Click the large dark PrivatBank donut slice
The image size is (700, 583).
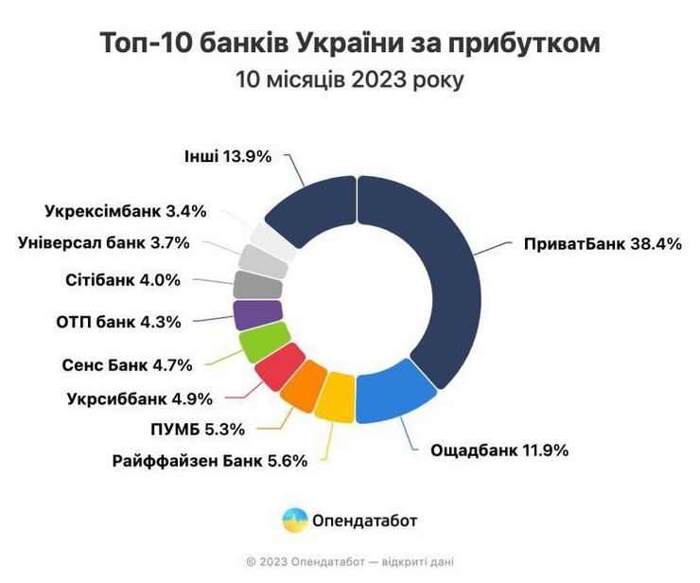(x=426, y=274)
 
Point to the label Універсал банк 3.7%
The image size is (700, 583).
(x=104, y=242)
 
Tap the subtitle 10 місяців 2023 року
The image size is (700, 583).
(x=349, y=80)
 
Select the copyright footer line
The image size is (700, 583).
(x=349, y=561)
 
